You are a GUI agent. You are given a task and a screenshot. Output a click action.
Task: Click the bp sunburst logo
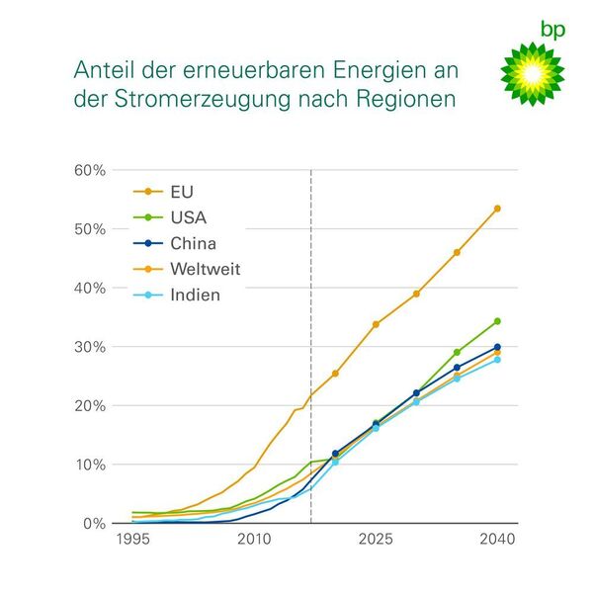[x=532, y=77]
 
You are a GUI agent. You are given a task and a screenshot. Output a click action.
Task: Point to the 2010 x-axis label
[x=254, y=541]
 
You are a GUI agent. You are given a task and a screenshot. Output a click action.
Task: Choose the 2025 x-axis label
[x=376, y=541]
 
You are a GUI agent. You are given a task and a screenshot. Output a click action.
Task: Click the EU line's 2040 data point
[x=497, y=209]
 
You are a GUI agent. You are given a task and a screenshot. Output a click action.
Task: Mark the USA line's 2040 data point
[x=497, y=321]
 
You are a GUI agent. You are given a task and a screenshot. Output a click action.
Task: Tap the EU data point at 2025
[x=376, y=324]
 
